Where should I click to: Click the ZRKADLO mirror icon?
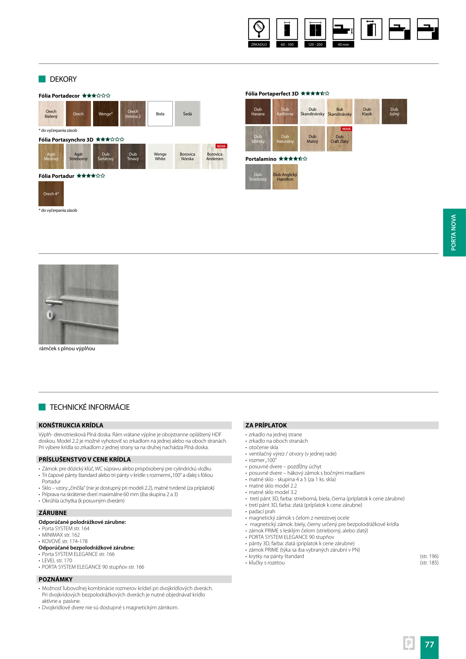[x=259, y=29]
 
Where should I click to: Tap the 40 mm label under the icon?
[x=343, y=45]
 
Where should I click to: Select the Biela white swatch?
[x=160, y=114]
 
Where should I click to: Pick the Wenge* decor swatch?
[x=106, y=114]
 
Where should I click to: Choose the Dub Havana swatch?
[x=258, y=112]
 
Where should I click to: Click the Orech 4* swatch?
[x=51, y=194]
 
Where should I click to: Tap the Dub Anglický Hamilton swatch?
[x=285, y=177]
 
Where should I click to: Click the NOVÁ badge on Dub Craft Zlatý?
[x=346, y=129]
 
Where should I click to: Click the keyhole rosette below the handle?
[x=50, y=314]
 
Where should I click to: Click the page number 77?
[x=429, y=645]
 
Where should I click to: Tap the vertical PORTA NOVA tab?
[x=454, y=232]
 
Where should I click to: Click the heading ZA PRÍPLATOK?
[x=266, y=425]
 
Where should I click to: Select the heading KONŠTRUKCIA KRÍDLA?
[x=71, y=425]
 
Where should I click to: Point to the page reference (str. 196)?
[x=429, y=556]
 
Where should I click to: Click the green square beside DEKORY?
[x=42, y=79]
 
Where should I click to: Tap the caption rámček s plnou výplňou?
[x=67, y=348]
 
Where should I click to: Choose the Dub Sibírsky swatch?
[x=258, y=139]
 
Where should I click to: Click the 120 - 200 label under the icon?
[x=315, y=45]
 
